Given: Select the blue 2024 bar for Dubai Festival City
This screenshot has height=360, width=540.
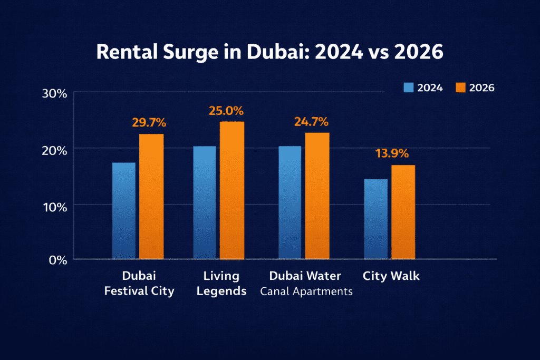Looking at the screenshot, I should (x=124, y=211).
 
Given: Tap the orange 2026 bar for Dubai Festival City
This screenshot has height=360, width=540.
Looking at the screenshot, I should (x=151, y=197).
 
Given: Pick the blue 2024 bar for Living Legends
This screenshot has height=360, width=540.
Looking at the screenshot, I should (x=204, y=203).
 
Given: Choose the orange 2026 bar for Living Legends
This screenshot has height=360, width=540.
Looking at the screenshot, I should (x=232, y=190).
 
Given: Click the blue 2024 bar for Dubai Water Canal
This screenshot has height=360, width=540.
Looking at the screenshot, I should (x=290, y=203).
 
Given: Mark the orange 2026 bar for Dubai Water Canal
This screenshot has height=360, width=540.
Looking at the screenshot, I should (x=317, y=196).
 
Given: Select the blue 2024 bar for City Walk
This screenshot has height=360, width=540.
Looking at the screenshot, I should (x=376, y=219).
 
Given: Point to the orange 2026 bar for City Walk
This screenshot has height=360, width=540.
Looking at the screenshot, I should (x=403, y=212).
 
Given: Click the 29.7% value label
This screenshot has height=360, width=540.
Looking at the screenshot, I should (x=149, y=123).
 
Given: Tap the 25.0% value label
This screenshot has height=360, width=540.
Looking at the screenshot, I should (x=226, y=111).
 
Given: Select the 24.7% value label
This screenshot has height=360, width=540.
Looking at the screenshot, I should (x=311, y=122).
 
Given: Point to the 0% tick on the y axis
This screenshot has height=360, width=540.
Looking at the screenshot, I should (x=57, y=259).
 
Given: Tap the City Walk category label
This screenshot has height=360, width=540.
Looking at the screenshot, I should (x=391, y=276).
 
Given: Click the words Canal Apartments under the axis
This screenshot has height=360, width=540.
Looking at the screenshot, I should (x=306, y=291).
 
